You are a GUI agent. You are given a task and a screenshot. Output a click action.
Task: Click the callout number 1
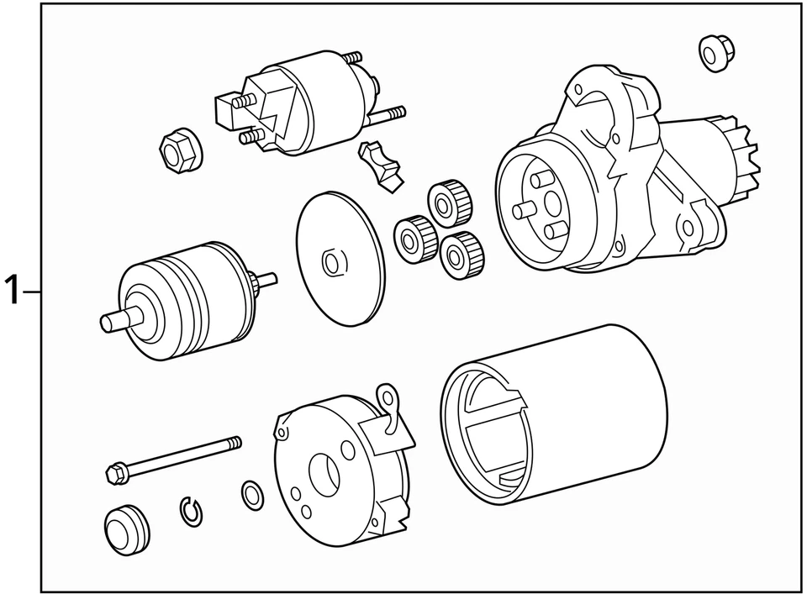pyautogui.click(x=12, y=292)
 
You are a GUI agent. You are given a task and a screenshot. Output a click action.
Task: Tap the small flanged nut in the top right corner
pyautogui.click(x=716, y=51)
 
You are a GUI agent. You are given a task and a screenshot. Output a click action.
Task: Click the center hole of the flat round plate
pyautogui.click(x=332, y=263)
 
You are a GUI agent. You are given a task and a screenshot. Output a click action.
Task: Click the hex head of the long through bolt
pyautogui.click(x=116, y=474)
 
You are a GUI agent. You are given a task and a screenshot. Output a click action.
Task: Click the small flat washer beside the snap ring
pyautogui.click(x=251, y=497)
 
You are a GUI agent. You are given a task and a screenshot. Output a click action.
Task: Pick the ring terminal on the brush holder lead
pyautogui.click(x=387, y=396)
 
